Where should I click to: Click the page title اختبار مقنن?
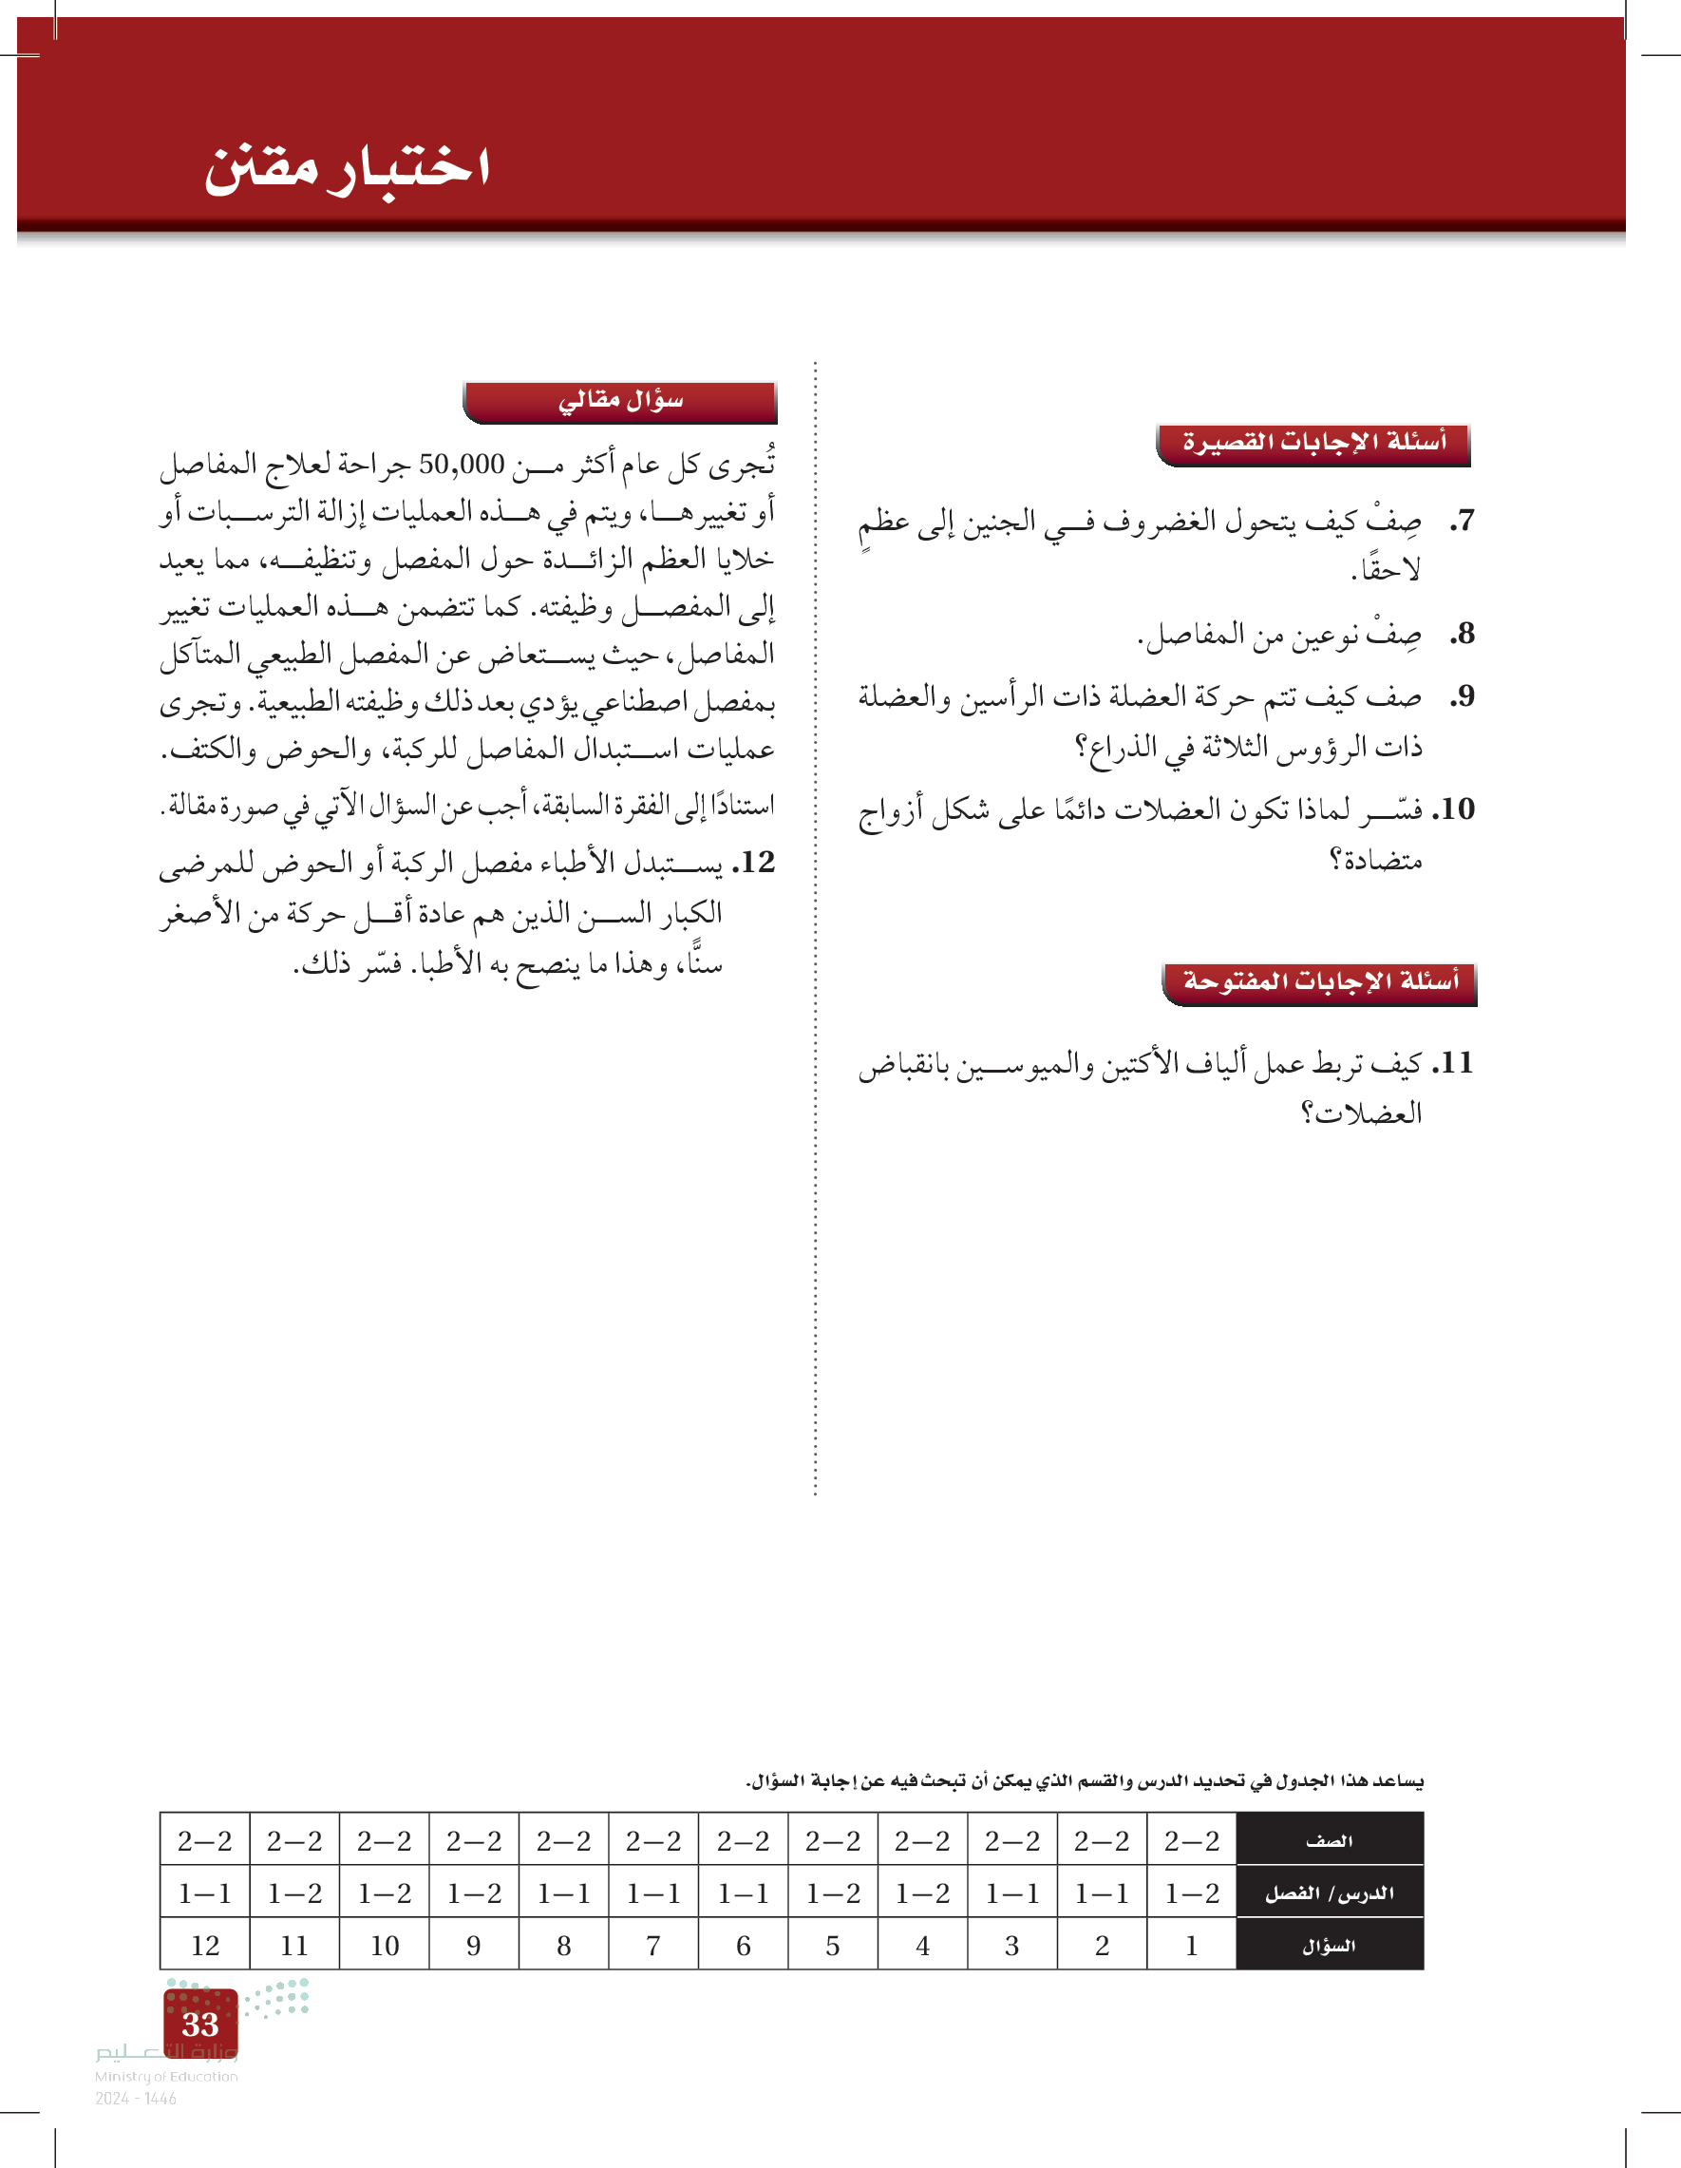pyautogui.click(x=348, y=167)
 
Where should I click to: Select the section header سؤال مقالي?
pyautogui.click(x=620, y=401)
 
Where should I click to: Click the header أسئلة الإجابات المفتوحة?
pyautogui.click(x=1320, y=982)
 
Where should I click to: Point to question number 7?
pyautogui.click(x=1462, y=522)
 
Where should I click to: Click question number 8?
pyautogui.click(x=1462, y=634)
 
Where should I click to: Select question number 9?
pyautogui.click(x=1462, y=697)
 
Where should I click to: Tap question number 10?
pyautogui.click(x=1454, y=809)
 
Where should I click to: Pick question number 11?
pyautogui.click(x=1454, y=1063)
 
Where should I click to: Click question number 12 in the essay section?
pyautogui.click(x=753, y=863)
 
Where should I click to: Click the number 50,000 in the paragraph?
pyautogui.click(x=462, y=465)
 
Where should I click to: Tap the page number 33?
pyautogui.click(x=200, y=2023)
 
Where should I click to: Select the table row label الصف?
pyautogui.click(x=1329, y=1841)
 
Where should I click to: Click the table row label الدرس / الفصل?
pyautogui.click(x=1329, y=1894)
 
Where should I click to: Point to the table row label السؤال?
pyautogui.click(x=1329, y=1947)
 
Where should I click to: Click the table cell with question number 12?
pyautogui.click(x=204, y=1947)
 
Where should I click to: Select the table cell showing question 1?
pyautogui.click(x=1191, y=1947)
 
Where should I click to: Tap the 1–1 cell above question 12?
pyautogui.click(x=204, y=1894)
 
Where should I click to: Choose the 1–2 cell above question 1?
pyautogui.click(x=1191, y=1894)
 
